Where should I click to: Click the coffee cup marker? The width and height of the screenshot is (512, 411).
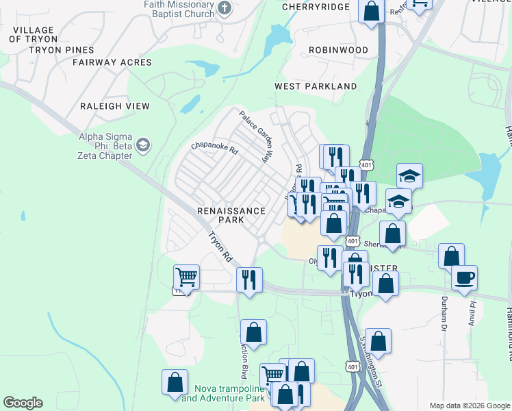pyautogui.click(x=464, y=277)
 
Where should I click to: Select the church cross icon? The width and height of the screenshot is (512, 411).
pyautogui.click(x=224, y=9)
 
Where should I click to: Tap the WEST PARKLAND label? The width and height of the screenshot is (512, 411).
pyautogui.click(x=316, y=86)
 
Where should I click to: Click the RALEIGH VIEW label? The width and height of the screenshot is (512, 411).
pyautogui.click(x=114, y=106)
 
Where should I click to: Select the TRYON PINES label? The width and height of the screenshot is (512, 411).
pyautogui.click(x=60, y=50)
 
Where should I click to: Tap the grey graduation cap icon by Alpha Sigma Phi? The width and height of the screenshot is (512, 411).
pyautogui.click(x=143, y=145)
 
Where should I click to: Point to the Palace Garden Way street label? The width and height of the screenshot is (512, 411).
pyautogui.click(x=255, y=136)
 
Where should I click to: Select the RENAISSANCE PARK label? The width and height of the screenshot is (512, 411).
pyautogui.click(x=231, y=215)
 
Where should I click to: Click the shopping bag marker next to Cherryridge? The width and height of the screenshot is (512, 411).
pyautogui.click(x=371, y=11)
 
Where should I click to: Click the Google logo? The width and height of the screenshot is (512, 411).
pyautogui.click(x=23, y=403)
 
